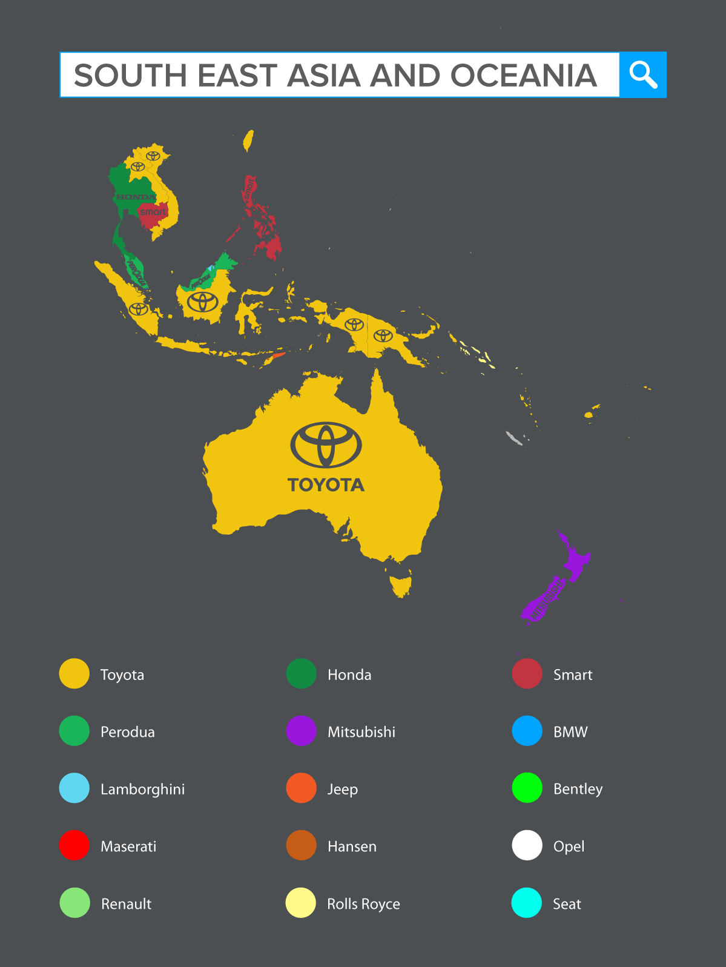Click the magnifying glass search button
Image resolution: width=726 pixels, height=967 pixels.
coord(642,75)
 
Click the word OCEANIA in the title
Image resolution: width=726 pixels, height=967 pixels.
coord(523,76)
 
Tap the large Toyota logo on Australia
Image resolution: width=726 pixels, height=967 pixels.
coord(326,445)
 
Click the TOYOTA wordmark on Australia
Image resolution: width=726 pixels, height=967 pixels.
coord(326,485)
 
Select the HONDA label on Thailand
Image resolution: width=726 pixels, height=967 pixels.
coord(135,197)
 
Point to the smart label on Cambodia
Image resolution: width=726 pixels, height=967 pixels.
coord(153,212)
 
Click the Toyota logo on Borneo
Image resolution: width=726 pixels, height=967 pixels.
coord(202,301)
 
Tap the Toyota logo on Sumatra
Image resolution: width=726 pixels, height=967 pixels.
coord(139,309)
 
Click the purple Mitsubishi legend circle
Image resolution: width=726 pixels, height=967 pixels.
coord(301,731)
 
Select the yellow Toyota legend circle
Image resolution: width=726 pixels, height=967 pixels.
coord(74,674)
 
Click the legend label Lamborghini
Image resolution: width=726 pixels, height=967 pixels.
coord(142,789)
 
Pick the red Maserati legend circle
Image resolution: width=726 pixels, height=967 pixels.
coord(74,845)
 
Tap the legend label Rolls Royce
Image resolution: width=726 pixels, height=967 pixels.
coord(363,903)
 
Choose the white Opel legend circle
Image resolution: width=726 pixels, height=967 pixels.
coord(527,845)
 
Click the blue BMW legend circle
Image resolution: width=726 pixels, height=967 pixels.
coord(527,731)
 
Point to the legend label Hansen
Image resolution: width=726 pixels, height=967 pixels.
coord(352,846)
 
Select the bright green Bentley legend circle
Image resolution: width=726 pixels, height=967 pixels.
coord(527,788)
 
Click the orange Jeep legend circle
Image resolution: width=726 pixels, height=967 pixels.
coord(301,788)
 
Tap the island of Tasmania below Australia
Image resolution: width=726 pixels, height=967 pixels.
coord(400,586)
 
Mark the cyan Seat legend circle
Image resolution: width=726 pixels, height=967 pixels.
coord(526,903)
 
